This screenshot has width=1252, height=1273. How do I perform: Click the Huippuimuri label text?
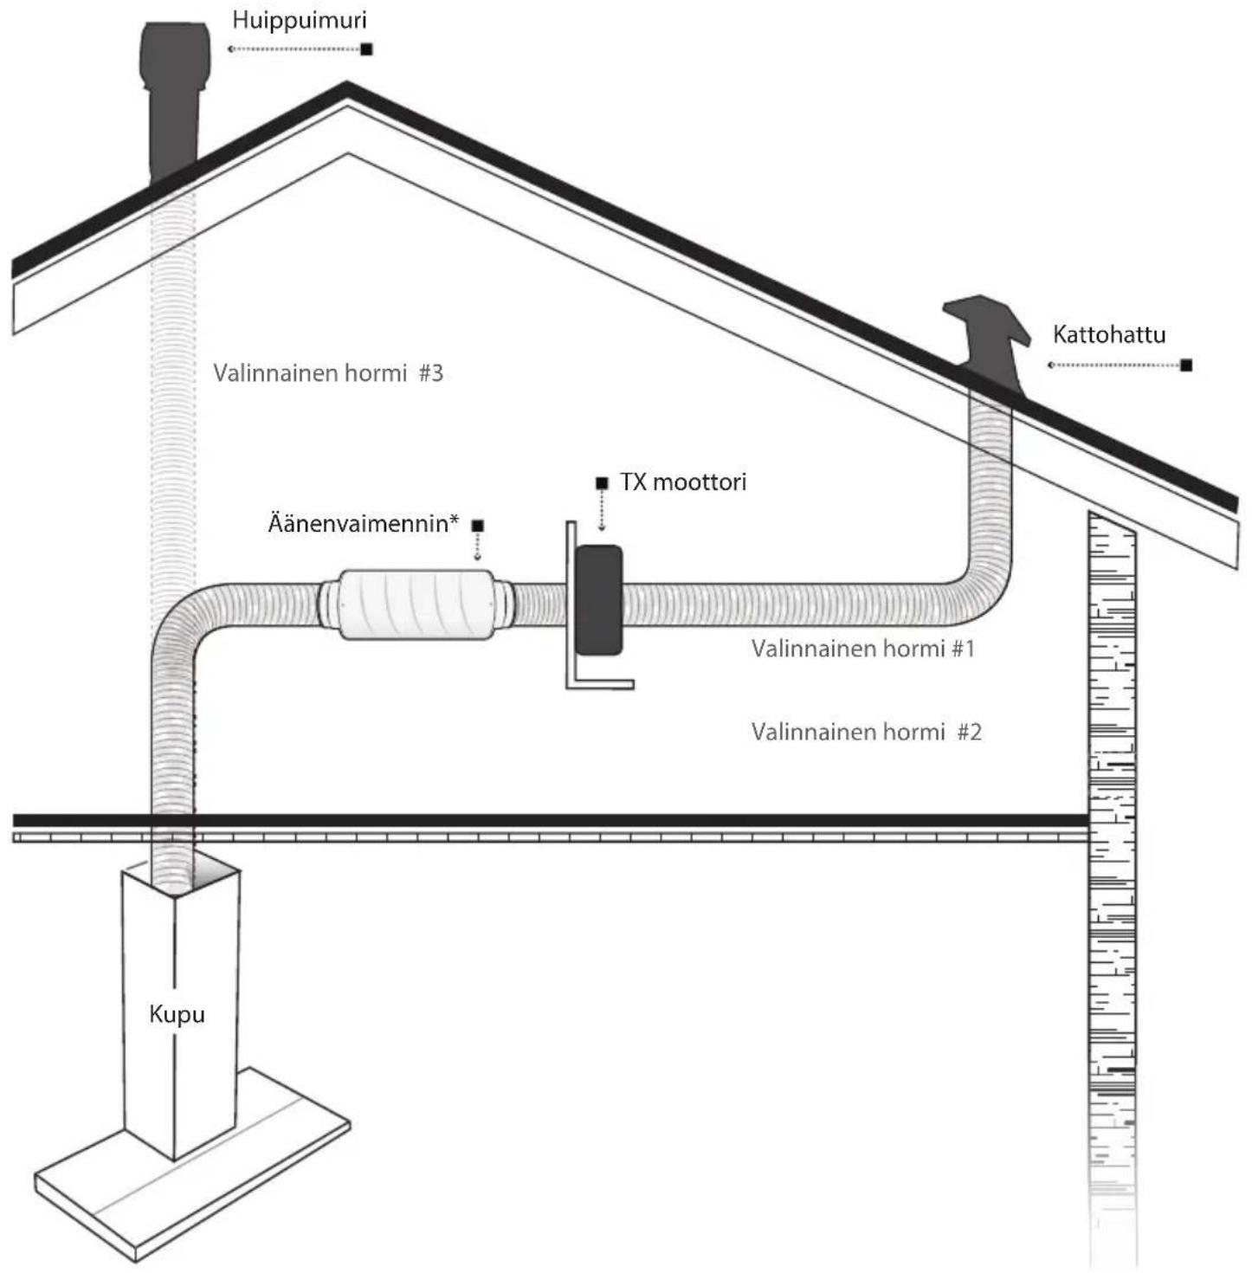[300, 21]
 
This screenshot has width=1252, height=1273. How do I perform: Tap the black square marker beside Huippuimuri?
[366, 49]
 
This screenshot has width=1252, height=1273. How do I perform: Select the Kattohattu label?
[1108, 335]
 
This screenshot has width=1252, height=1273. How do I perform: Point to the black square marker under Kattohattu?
[1186, 365]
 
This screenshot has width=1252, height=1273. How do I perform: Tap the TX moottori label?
[683, 482]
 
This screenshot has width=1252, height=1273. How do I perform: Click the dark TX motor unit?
[598, 600]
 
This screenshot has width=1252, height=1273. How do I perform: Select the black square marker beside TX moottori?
[601, 483]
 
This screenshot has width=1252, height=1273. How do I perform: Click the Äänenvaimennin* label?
[364, 524]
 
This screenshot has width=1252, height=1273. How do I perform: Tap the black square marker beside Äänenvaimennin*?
[478, 526]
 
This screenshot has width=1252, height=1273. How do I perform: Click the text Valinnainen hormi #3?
[327, 373]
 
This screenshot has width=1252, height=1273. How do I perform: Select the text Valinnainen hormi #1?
[863, 649]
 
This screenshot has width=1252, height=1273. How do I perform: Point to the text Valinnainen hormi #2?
[866, 732]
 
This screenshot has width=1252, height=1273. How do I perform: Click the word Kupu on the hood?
[177, 1014]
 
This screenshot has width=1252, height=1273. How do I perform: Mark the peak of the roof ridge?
[346, 82]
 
